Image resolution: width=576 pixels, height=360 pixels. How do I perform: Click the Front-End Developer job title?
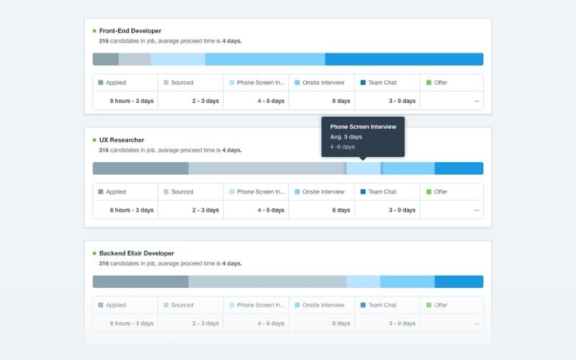point(130,31)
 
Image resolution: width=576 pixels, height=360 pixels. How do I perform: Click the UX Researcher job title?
point(121,140)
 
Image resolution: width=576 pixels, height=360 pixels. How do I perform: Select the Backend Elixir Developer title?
point(136,253)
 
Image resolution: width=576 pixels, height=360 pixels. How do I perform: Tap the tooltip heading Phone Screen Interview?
point(363,127)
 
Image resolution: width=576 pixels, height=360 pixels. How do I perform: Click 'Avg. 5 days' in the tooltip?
point(346,137)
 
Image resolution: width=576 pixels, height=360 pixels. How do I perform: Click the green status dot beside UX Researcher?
point(94,140)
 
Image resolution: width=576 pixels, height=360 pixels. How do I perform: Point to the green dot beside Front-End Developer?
point(94,31)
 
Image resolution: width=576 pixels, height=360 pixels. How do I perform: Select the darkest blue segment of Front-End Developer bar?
point(403,59)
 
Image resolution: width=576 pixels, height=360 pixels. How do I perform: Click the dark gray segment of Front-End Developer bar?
point(106,59)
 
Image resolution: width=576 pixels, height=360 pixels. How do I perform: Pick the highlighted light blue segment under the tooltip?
point(364,168)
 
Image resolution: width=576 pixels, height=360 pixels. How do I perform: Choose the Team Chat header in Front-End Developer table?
point(382,83)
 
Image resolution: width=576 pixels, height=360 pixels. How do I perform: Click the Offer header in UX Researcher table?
point(441,192)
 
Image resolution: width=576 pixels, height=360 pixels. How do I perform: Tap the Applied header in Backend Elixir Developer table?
point(115,305)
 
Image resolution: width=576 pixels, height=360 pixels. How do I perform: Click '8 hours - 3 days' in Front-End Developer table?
point(132,101)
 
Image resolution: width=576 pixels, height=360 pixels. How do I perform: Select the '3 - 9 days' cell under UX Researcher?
point(402,210)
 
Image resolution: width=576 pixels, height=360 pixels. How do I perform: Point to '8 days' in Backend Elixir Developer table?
point(341,323)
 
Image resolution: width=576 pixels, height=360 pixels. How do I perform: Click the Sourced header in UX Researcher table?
point(182,192)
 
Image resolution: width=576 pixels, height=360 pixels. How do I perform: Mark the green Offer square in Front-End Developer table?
point(429,83)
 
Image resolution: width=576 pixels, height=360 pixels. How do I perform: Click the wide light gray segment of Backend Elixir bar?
point(267,282)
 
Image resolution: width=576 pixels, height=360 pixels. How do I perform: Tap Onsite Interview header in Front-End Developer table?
point(323,83)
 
